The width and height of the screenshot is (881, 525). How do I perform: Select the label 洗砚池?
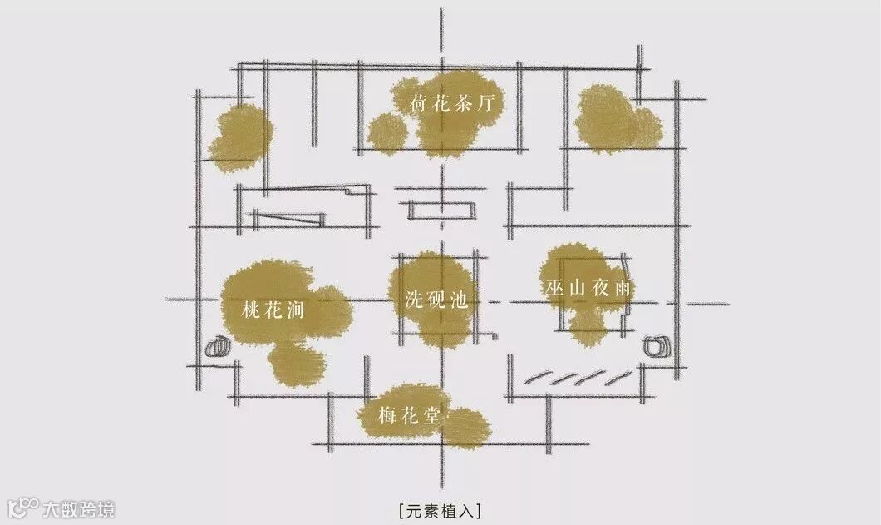436,300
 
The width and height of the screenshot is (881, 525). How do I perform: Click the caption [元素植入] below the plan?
440,508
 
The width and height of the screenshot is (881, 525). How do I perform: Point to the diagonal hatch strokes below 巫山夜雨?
573,378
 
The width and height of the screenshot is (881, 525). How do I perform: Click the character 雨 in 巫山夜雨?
625,289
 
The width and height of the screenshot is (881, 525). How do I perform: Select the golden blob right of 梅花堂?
468,425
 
